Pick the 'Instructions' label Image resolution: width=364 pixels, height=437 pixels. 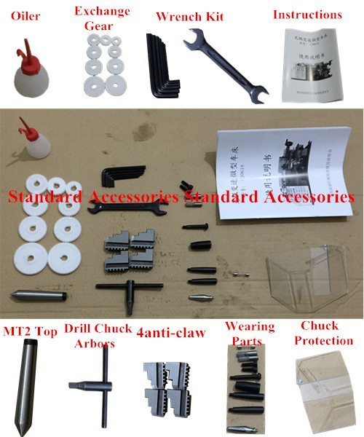(x=307, y=15)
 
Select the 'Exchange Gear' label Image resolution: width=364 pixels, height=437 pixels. (x=102, y=18)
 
